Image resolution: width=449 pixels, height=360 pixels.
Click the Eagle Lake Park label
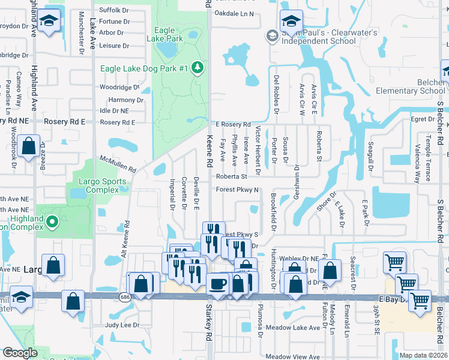click(168, 34)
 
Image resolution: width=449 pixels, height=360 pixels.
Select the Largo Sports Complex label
click(100, 187)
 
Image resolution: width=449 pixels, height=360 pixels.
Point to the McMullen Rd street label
click(119, 161)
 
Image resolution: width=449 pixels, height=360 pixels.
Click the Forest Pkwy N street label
click(237, 190)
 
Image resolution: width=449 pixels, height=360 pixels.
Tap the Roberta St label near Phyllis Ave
click(232, 177)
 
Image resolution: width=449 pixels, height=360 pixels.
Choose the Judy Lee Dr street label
click(122, 325)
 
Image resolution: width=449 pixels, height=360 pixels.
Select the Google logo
click(20, 353)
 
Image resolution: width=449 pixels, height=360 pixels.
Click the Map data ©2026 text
click(423, 355)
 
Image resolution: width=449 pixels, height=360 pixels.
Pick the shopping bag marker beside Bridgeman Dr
click(28, 146)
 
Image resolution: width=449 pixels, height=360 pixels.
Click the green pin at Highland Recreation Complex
click(52, 223)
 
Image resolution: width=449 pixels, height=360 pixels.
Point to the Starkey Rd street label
click(208, 329)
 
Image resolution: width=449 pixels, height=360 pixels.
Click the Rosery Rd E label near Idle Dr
click(118, 122)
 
